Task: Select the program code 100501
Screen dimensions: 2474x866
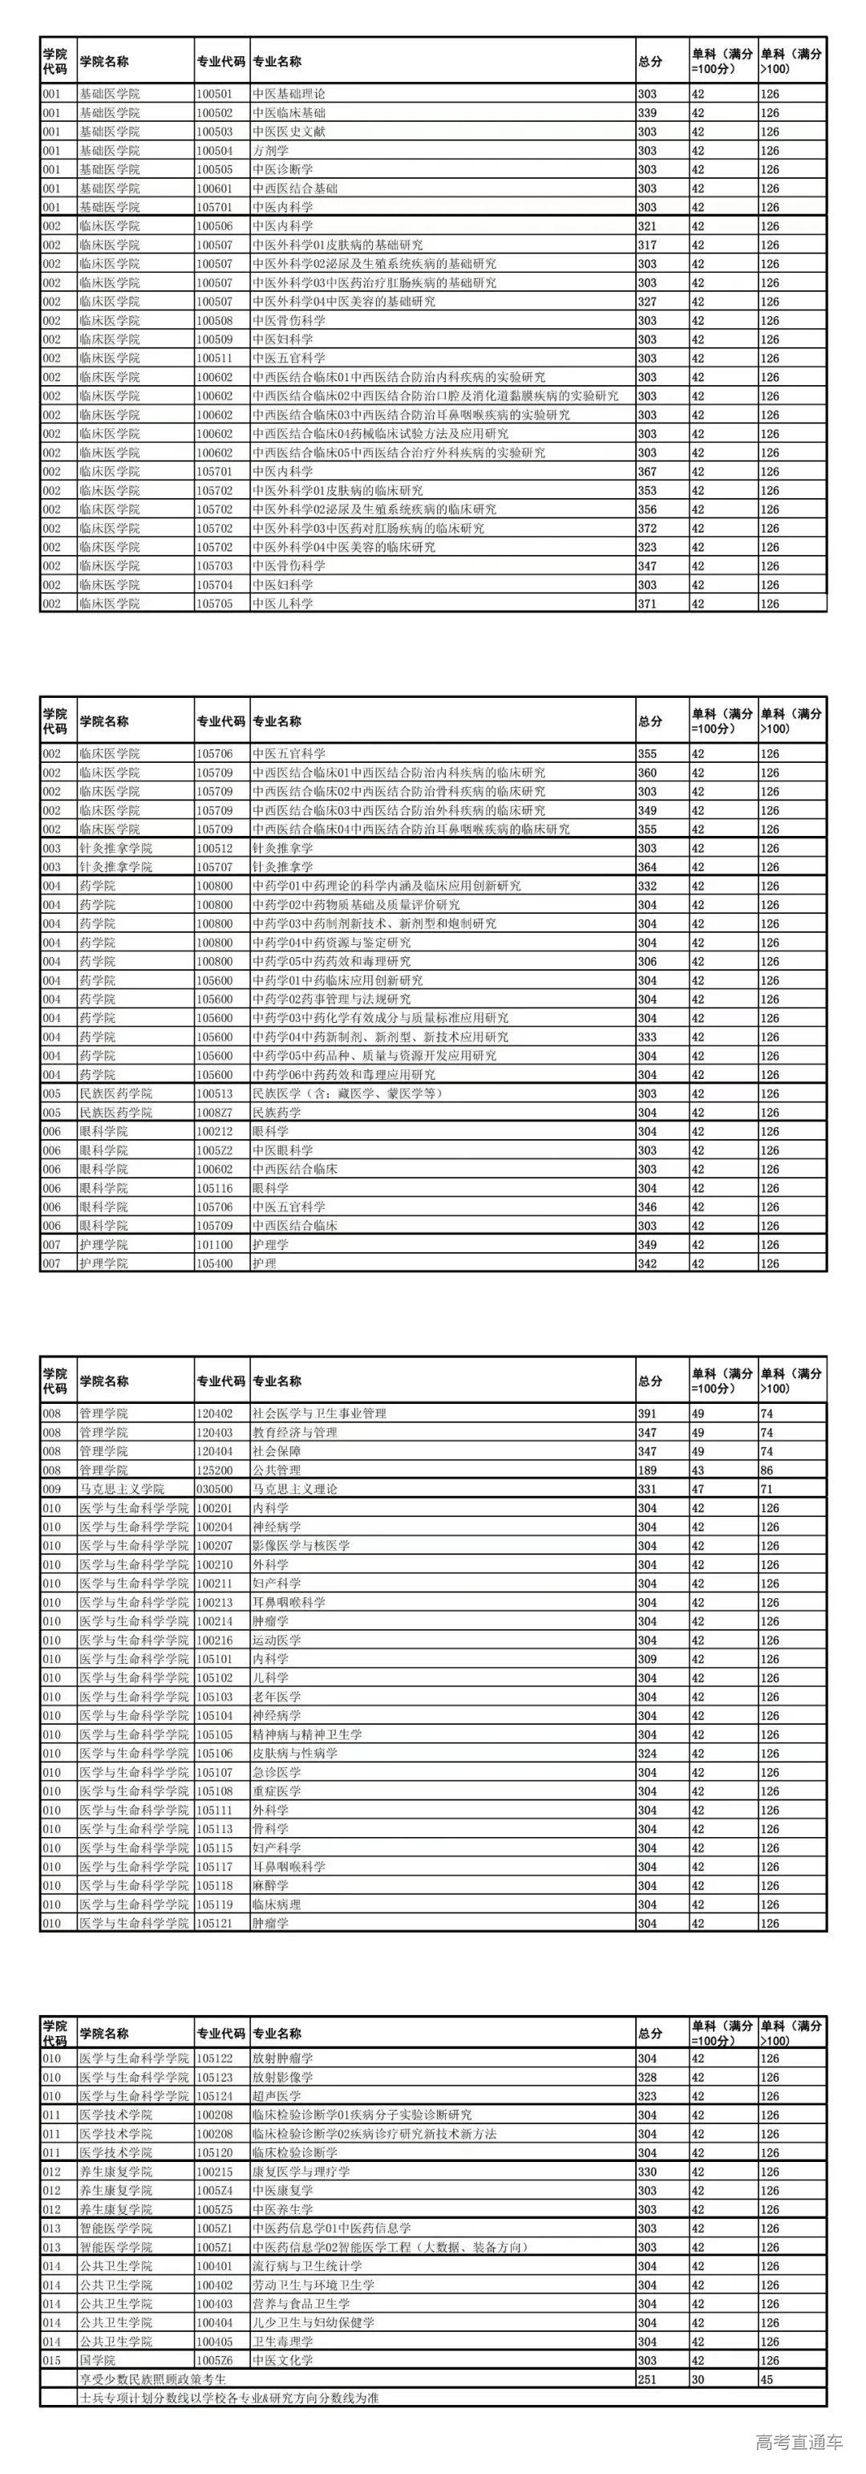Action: coord(214,94)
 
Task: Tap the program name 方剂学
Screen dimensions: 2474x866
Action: coord(271,151)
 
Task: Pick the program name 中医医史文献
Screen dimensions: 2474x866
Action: coord(289,132)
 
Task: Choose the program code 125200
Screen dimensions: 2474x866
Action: coord(214,1470)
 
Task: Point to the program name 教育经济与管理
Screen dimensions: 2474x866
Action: coord(295,1433)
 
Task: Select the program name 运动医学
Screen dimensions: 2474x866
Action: coord(277,1641)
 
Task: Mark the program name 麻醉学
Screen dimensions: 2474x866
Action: coord(271,1886)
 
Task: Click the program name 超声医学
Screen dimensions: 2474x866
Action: coord(277,2096)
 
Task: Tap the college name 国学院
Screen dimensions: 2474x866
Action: coord(97,2361)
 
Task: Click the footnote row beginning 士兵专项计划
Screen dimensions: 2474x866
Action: coord(229,2398)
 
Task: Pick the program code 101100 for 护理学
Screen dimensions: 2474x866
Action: coord(214,1245)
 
